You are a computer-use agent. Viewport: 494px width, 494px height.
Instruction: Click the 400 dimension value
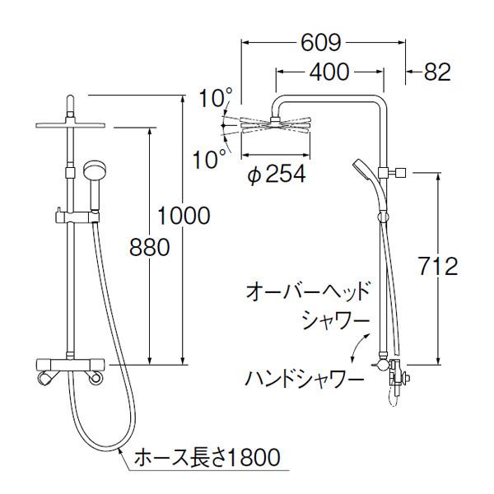click(330, 72)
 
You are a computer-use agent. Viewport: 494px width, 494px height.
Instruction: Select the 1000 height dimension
click(182, 215)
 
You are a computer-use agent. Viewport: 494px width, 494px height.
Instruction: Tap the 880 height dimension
click(150, 247)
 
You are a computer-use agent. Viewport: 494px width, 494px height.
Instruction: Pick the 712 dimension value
click(435, 267)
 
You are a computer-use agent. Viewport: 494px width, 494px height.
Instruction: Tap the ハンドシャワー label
click(305, 380)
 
